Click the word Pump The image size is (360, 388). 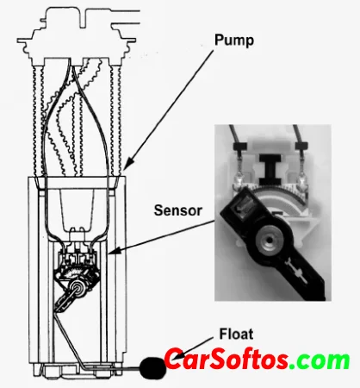pyautogui.click(x=234, y=41)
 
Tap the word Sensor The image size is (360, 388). pyautogui.click(x=178, y=210)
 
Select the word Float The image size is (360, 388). pyautogui.click(x=236, y=334)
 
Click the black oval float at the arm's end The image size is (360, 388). pyautogui.click(x=153, y=368)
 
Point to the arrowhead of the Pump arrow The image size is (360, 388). pyautogui.click(x=128, y=163)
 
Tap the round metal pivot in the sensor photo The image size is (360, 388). pyautogui.click(x=269, y=239)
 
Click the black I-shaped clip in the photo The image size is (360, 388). pyautogui.click(x=270, y=169)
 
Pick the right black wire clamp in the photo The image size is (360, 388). pyautogui.click(x=301, y=146)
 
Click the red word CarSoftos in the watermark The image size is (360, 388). pyautogui.click(x=227, y=359)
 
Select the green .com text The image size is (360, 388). pyautogui.click(x=320, y=360)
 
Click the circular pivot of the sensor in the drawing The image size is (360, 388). pyautogui.click(x=78, y=288)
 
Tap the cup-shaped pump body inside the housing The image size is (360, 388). pyautogui.click(x=77, y=209)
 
